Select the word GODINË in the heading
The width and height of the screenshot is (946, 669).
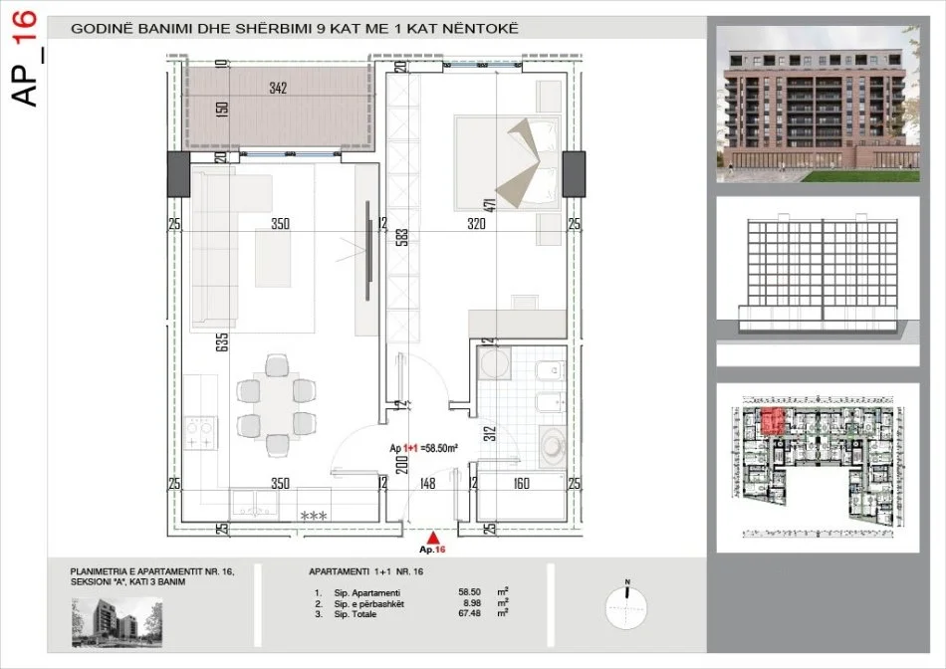(x=97, y=28)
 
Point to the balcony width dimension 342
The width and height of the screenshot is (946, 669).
(x=278, y=88)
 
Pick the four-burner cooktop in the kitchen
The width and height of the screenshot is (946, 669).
(x=203, y=429)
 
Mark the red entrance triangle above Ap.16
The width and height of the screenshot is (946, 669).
(x=431, y=537)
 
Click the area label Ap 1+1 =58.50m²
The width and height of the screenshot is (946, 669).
(x=424, y=449)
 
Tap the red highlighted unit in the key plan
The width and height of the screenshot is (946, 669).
(x=771, y=422)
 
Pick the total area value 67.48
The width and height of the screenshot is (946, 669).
(x=469, y=613)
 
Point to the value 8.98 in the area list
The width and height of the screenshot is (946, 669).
(x=469, y=602)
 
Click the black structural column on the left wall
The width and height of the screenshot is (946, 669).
(x=175, y=174)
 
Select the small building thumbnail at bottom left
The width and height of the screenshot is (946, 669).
(x=111, y=621)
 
